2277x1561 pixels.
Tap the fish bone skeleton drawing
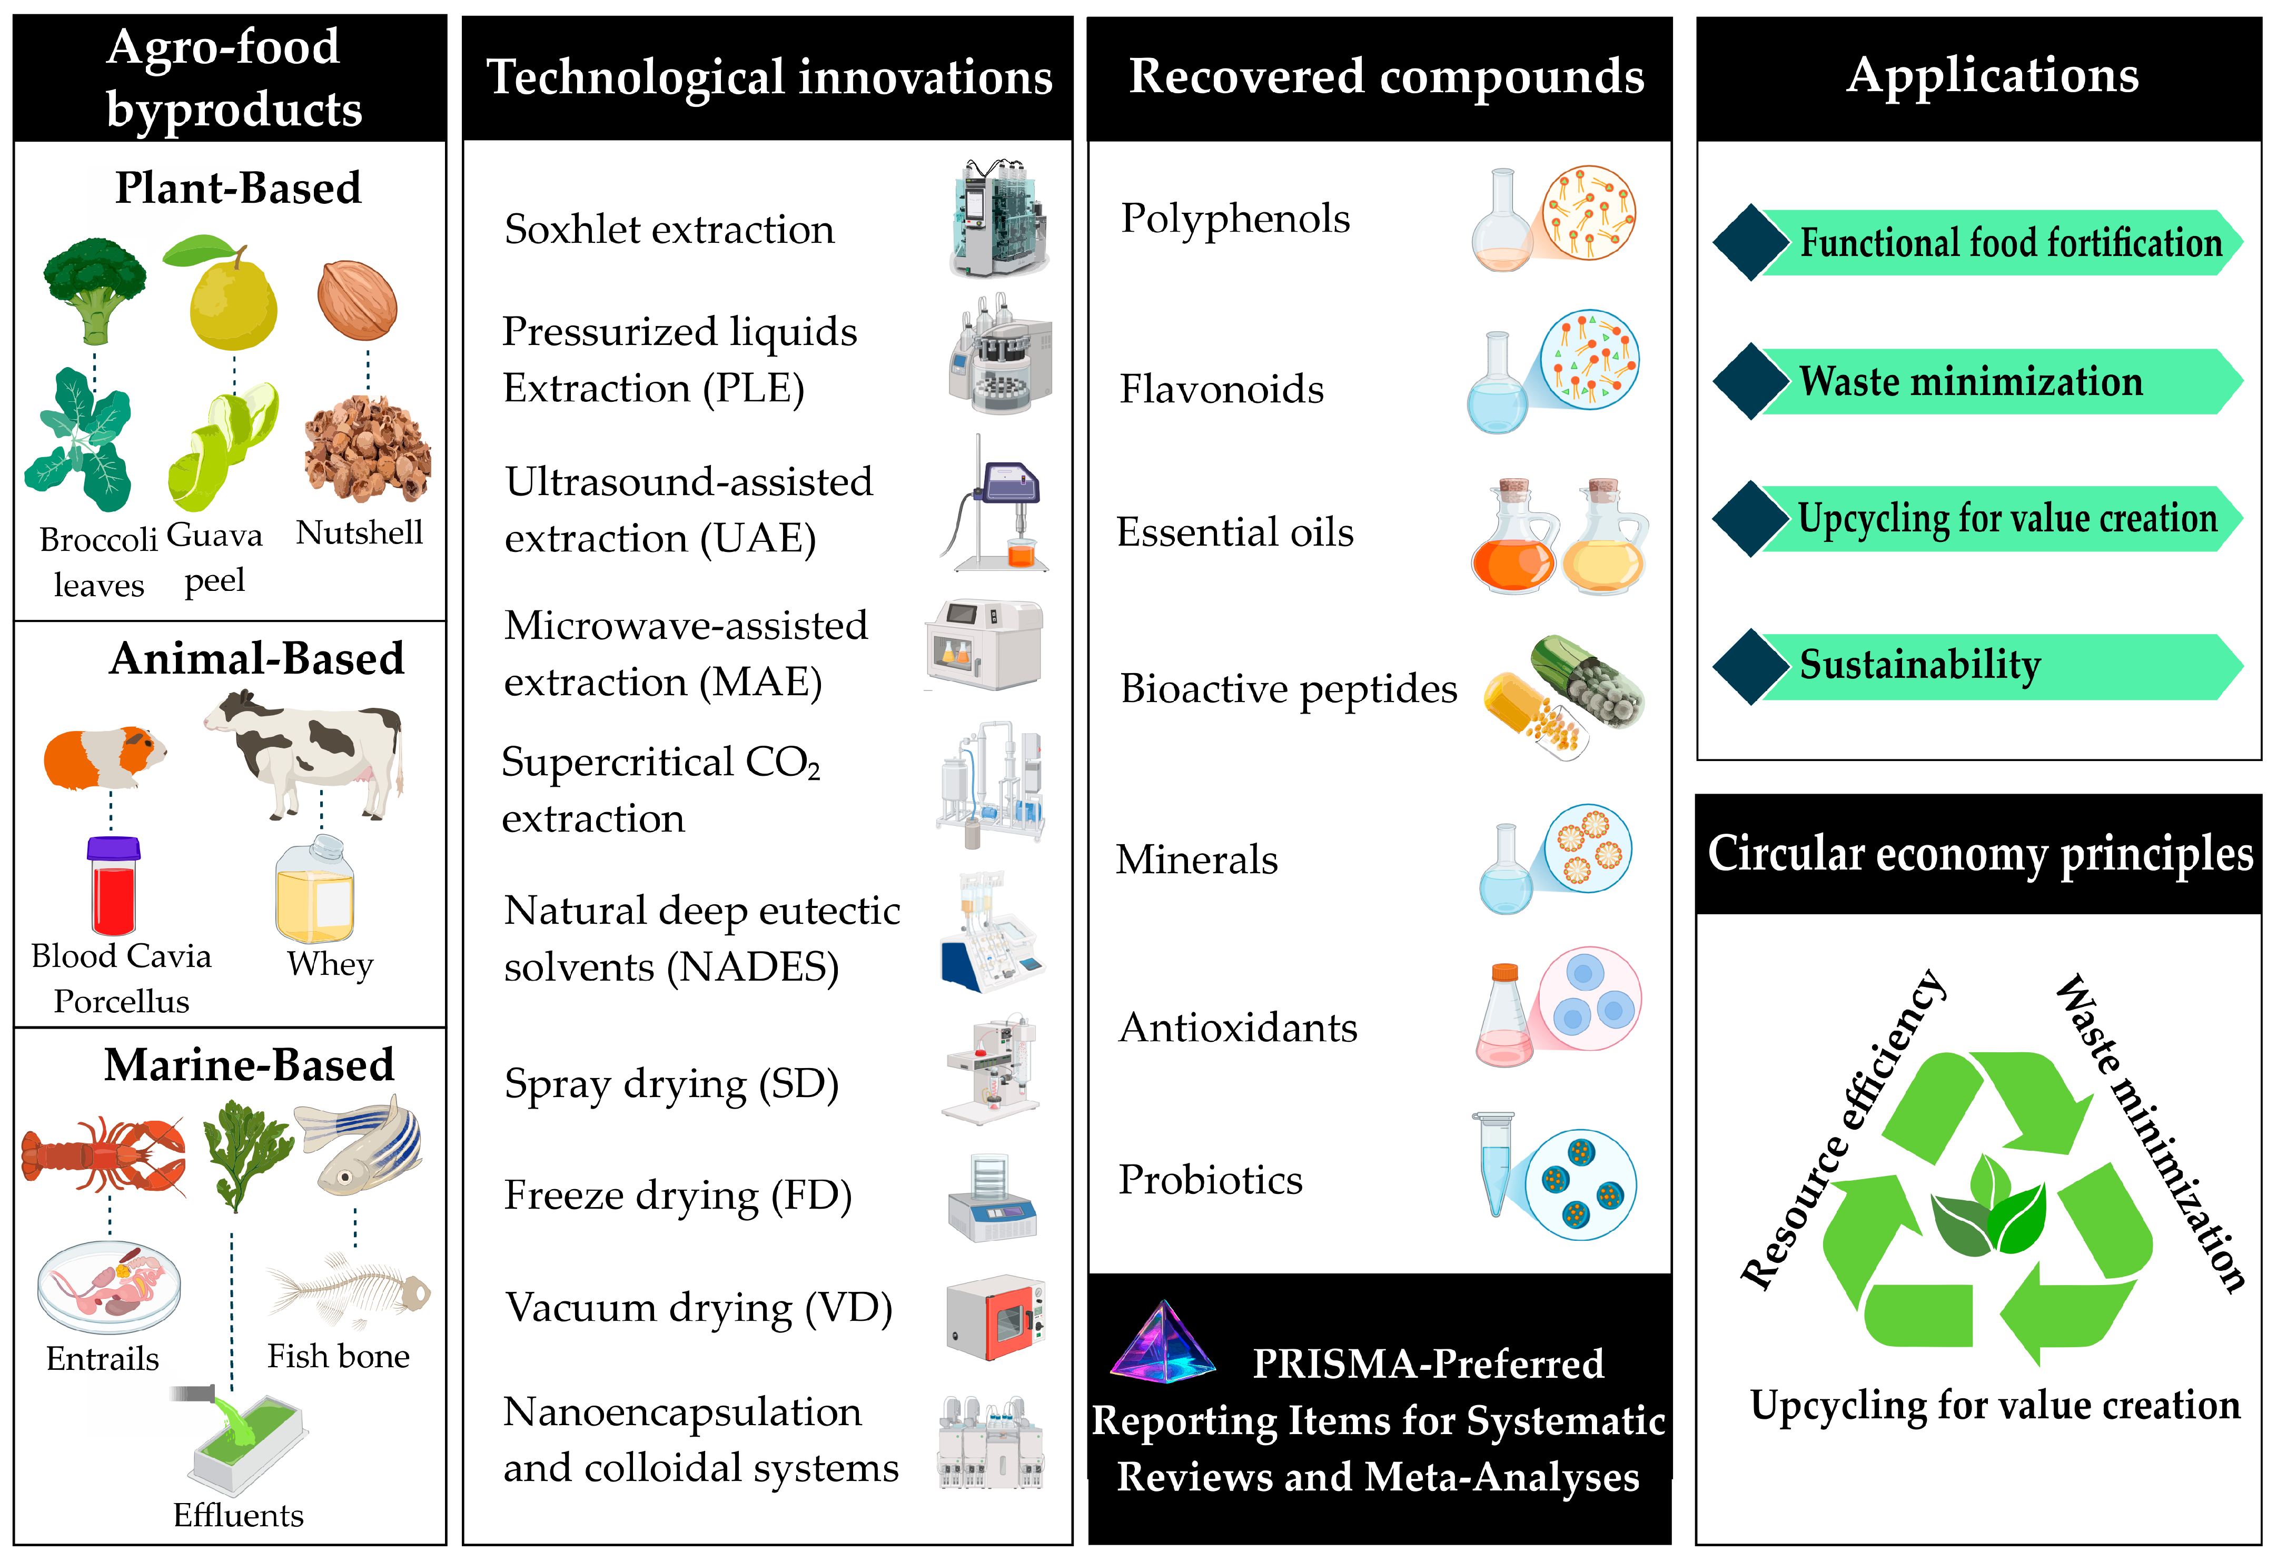click(349, 1289)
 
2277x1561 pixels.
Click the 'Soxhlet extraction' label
click(669, 229)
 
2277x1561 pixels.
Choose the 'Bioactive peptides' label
click(1289, 689)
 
